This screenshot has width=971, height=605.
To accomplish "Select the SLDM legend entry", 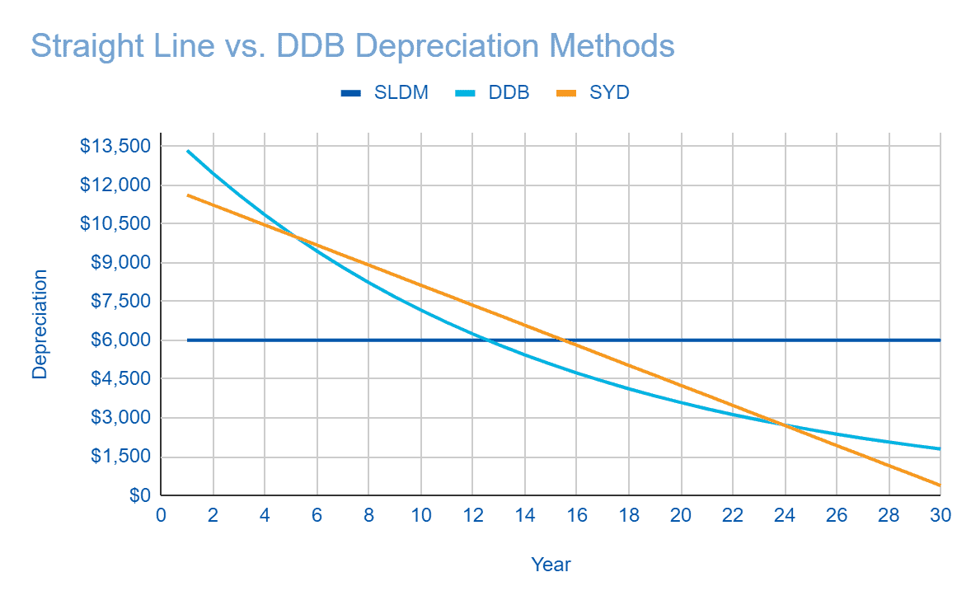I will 385,92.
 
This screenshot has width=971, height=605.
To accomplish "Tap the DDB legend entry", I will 494,92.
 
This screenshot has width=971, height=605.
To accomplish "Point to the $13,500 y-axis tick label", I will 115,146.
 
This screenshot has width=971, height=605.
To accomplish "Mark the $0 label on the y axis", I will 139,495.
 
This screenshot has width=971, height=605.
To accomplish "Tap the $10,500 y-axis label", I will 115,223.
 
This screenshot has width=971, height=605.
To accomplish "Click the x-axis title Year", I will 551,565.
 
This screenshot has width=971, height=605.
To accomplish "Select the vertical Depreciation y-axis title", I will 40,324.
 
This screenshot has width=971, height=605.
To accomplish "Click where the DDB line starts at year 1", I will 187,151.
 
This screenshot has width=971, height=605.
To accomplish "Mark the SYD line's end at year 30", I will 940,485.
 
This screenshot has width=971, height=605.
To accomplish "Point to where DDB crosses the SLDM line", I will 488,340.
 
